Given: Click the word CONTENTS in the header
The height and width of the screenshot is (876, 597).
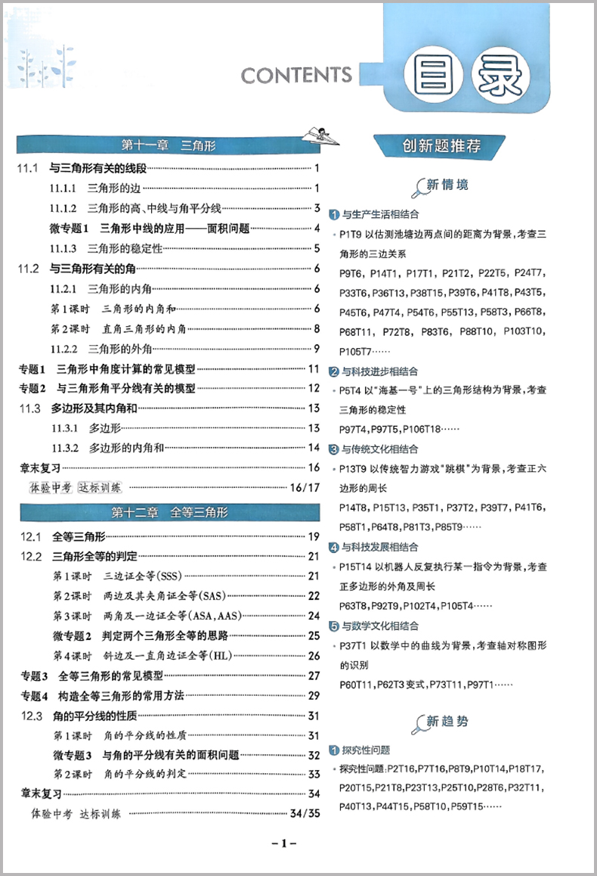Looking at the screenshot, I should click(x=296, y=75).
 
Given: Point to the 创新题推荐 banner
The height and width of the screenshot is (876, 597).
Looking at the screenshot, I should click(x=442, y=146).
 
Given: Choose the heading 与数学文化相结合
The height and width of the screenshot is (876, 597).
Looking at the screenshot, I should click(x=379, y=626).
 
